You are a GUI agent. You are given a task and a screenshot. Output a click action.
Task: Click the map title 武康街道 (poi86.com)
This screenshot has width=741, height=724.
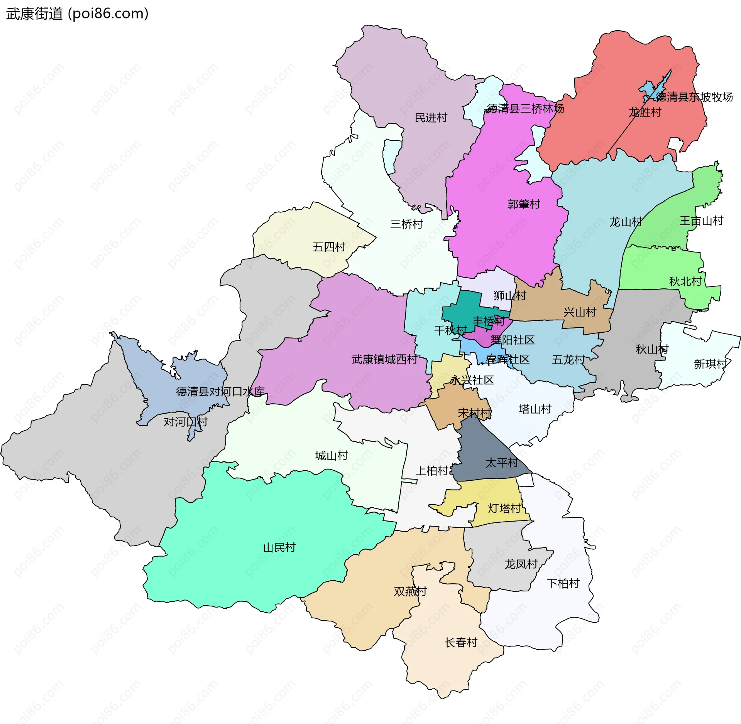pyautogui.click(x=77, y=14)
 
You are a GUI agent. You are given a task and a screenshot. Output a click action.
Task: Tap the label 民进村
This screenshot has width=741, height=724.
pyautogui.click(x=431, y=118)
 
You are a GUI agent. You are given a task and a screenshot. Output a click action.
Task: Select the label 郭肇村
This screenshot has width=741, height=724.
pyautogui.click(x=524, y=204)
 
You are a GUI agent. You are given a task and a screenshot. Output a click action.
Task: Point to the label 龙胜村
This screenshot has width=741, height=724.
pyautogui.click(x=645, y=112)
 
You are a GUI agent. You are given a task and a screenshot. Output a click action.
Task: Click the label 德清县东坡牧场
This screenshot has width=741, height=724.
pyautogui.click(x=695, y=97)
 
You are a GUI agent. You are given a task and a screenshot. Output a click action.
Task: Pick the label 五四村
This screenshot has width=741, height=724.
pyautogui.click(x=329, y=247)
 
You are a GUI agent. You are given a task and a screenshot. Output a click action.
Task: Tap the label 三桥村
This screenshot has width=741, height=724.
pyautogui.click(x=406, y=224)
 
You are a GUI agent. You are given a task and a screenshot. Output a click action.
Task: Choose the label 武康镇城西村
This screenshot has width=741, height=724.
pyautogui.click(x=384, y=359)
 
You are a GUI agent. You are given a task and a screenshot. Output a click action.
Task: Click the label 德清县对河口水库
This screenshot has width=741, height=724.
pyautogui.click(x=220, y=391)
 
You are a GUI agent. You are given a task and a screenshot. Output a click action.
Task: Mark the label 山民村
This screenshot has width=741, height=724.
pyautogui.click(x=279, y=547)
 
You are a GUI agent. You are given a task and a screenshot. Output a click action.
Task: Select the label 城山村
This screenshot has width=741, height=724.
pyautogui.click(x=332, y=456)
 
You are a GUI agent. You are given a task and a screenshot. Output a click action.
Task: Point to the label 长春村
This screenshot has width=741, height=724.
pyautogui.click(x=461, y=642)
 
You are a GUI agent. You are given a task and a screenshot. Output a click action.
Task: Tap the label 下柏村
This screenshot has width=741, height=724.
pyautogui.click(x=563, y=583)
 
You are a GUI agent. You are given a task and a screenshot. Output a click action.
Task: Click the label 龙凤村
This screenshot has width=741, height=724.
pyautogui.click(x=521, y=564)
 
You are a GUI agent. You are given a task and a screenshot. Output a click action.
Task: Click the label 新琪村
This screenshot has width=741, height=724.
pyautogui.click(x=710, y=364)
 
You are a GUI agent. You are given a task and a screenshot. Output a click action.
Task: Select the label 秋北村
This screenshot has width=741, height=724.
pyautogui.click(x=685, y=281)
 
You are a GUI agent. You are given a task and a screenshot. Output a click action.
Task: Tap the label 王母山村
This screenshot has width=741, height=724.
pyautogui.click(x=701, y=221)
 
